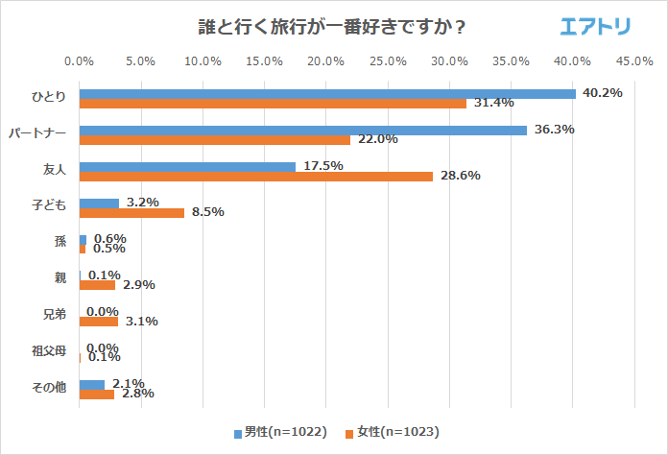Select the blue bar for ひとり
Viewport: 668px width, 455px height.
(327, 93)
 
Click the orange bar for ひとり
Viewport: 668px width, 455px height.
(273, 103)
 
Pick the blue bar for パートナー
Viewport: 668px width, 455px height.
(303, 130)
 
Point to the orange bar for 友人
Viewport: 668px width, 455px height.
(255, 176)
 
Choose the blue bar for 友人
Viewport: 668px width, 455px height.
(187, 166)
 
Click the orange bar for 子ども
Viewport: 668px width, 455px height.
(131, 212)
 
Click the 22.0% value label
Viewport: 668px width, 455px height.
(377, 139)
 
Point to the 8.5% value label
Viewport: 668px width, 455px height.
(207, 212)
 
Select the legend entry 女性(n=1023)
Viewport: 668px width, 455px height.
(394, 432)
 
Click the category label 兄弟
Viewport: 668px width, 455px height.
(55, 316)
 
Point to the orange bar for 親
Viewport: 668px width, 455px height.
(97, 285)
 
